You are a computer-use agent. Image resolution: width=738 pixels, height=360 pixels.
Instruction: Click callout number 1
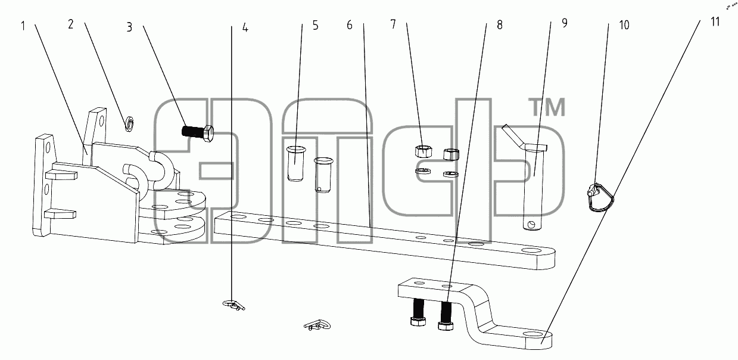coord(23,26)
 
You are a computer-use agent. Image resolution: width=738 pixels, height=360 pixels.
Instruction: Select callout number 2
coord(70,24)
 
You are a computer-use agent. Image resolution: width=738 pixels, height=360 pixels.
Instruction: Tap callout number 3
coord(129,27)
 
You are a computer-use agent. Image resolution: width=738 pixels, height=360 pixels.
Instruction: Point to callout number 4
coord(245,27)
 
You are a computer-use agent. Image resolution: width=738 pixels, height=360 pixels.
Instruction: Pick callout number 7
coord(393,24)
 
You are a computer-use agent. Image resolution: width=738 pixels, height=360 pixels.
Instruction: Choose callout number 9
coord(565,23)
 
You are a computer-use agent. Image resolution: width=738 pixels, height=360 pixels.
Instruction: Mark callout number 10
coord(624,24)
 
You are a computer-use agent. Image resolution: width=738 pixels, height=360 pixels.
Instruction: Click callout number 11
coord(715,22)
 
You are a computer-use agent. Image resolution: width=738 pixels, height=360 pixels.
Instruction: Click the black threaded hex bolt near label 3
coord(198,133)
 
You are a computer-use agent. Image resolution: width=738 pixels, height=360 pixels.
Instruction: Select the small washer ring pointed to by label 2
coord(129,123)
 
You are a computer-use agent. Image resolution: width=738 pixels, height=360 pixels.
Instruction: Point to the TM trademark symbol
coord(547,107)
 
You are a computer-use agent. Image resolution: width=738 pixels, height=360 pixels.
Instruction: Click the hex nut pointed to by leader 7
coord(424,151)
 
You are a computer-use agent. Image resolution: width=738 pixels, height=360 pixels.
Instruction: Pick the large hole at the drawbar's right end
coord(531,251)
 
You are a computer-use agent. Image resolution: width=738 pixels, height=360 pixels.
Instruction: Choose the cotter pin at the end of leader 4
coord(233,305)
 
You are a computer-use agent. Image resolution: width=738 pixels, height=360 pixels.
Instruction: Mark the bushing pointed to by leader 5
coord(296,163)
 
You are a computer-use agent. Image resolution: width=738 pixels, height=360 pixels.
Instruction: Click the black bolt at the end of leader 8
coord(446,315)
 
